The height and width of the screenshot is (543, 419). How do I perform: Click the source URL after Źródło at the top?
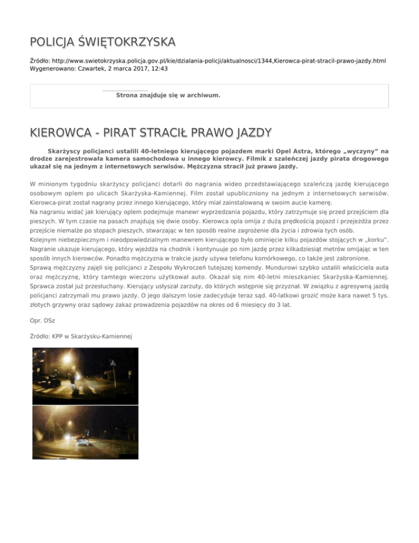click(218, 61)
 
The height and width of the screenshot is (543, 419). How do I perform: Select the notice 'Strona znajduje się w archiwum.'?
click(168, 95)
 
